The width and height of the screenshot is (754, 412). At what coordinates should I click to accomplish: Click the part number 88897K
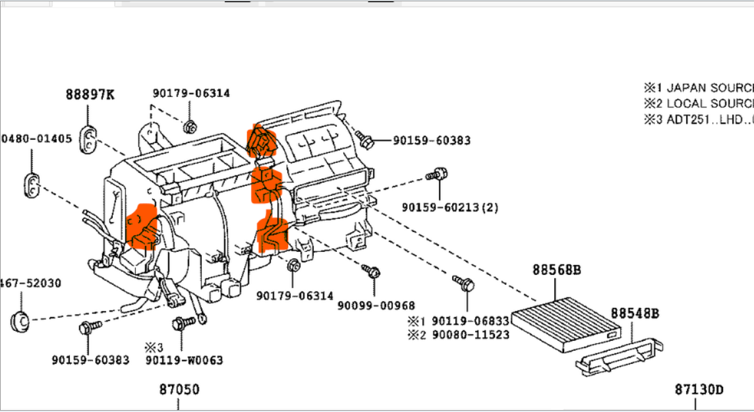(90, 95)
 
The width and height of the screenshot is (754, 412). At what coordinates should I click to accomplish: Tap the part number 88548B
(634, 313)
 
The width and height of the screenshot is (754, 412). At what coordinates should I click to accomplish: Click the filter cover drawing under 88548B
(620, 356)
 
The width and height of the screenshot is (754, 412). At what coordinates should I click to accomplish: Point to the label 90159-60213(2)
(450, 207)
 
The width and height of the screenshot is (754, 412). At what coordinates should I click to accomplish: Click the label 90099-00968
(376, 305)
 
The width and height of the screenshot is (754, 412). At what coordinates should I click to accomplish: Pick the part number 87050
(179, 390)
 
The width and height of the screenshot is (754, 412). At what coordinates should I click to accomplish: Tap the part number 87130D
(699, 390)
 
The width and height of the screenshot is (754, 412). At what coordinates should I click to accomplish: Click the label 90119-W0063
(185, 360)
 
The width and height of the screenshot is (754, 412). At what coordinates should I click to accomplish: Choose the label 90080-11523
(471, 335)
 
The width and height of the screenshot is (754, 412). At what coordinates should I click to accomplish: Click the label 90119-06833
(471, 321)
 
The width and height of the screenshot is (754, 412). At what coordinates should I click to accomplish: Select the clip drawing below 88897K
(89, 137)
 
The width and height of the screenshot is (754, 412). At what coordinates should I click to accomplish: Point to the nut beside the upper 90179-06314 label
(190, 127)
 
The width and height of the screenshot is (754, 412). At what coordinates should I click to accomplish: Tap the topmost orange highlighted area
(262, 140)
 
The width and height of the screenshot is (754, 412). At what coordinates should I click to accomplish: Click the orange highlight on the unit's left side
(142, 226)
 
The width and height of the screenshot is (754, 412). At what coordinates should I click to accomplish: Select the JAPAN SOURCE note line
(699, 88)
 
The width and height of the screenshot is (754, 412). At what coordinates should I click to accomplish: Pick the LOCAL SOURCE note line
(699, 103)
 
